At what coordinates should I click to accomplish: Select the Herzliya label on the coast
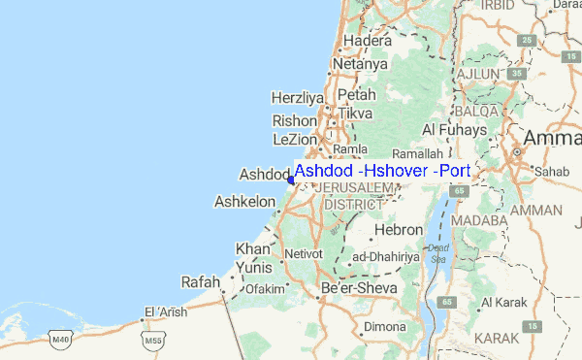[295, 98]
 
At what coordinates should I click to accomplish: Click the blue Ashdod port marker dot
[290, 179]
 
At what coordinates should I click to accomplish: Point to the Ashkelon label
[242, 203]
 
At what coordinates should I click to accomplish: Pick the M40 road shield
[61, 340]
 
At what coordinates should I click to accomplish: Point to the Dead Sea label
[438, 253]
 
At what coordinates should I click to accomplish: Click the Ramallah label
[420, 153]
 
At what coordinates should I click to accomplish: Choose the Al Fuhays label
[454, 129]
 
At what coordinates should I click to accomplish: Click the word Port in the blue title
[454, 171]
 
